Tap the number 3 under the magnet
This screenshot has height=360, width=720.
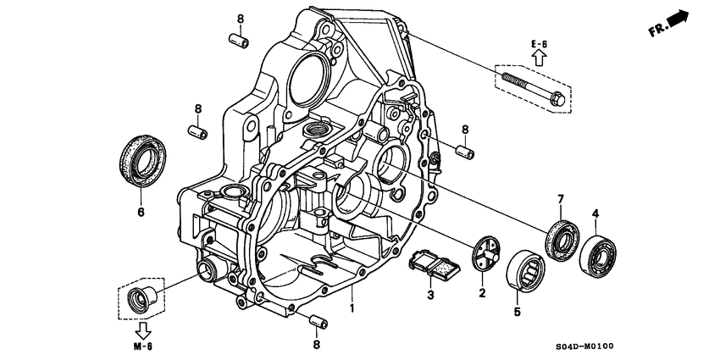429,294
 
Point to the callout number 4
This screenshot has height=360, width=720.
595,213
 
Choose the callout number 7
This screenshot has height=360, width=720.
560,199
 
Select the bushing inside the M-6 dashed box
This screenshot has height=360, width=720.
139,299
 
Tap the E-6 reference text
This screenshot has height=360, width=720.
540,43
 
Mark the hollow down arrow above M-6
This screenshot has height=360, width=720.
141,329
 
